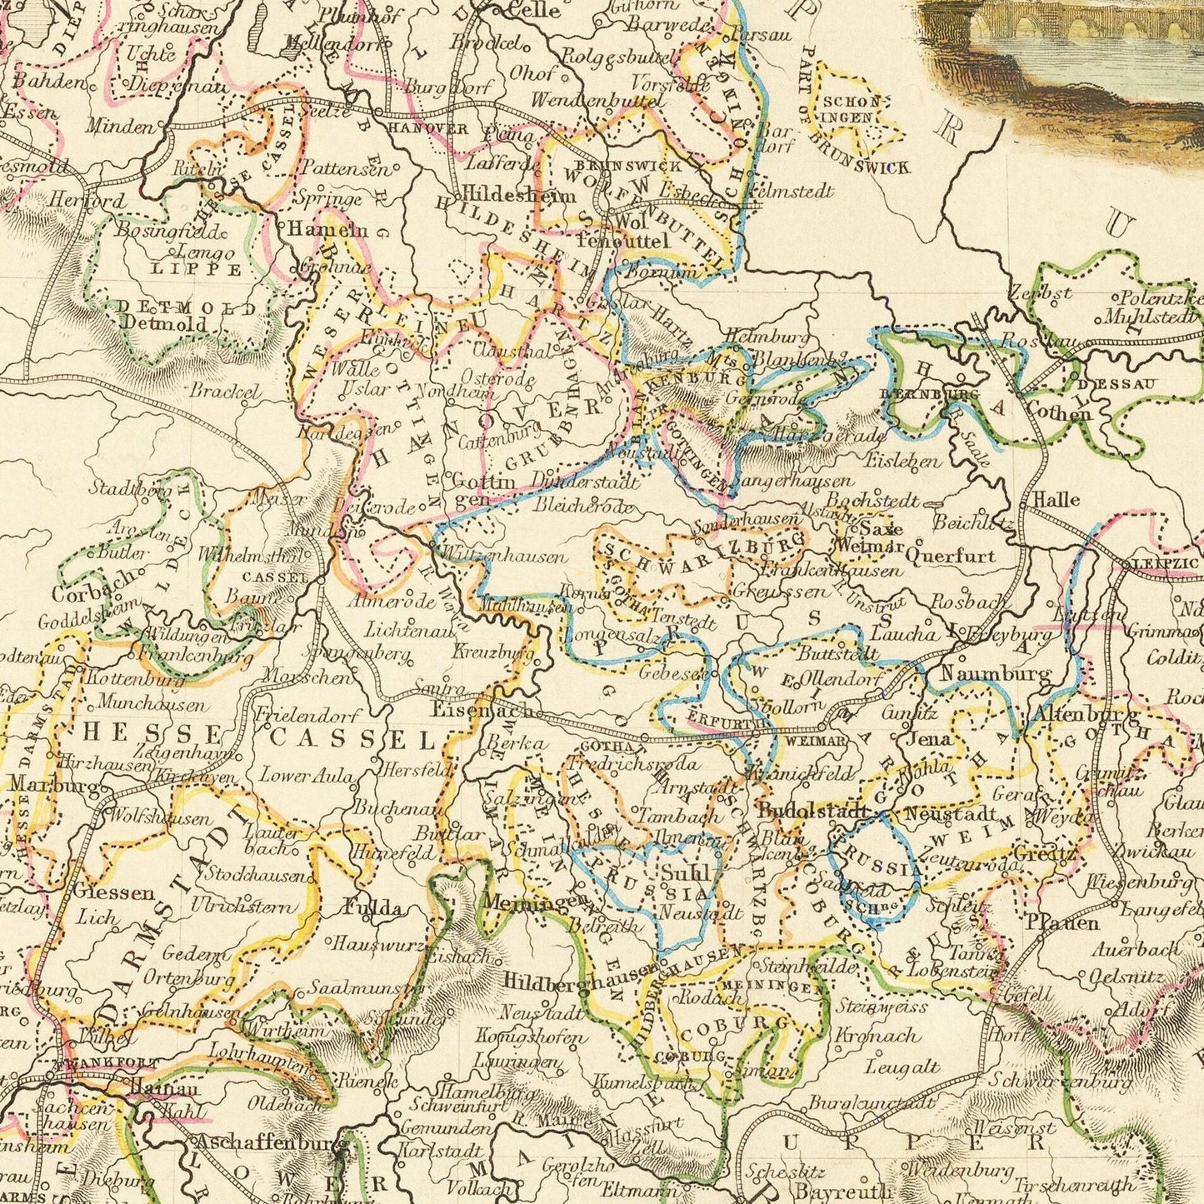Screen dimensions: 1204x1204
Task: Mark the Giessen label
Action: click(114, 892)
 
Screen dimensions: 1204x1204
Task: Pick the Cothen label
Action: click(1058, 412)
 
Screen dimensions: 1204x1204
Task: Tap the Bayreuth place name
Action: click(832, 1189)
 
